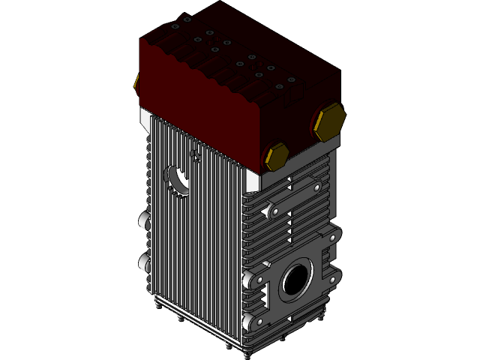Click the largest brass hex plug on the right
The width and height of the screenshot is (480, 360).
(x=329, y=122)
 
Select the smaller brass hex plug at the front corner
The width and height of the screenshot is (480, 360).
(x=276, y=156)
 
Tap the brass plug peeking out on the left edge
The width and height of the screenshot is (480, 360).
(x=136, y=82)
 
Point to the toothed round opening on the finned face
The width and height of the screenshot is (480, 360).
(x=178, y=180)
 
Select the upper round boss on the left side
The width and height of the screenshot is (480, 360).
(x=143, y=220)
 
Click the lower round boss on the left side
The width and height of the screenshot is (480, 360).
(x=143, y=262)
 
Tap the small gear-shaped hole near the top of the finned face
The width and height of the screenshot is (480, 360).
(x=196, y=156)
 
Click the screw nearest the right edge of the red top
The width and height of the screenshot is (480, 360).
(x=291, y=78)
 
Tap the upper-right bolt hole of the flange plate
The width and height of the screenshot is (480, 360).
(x=331, y=238)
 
